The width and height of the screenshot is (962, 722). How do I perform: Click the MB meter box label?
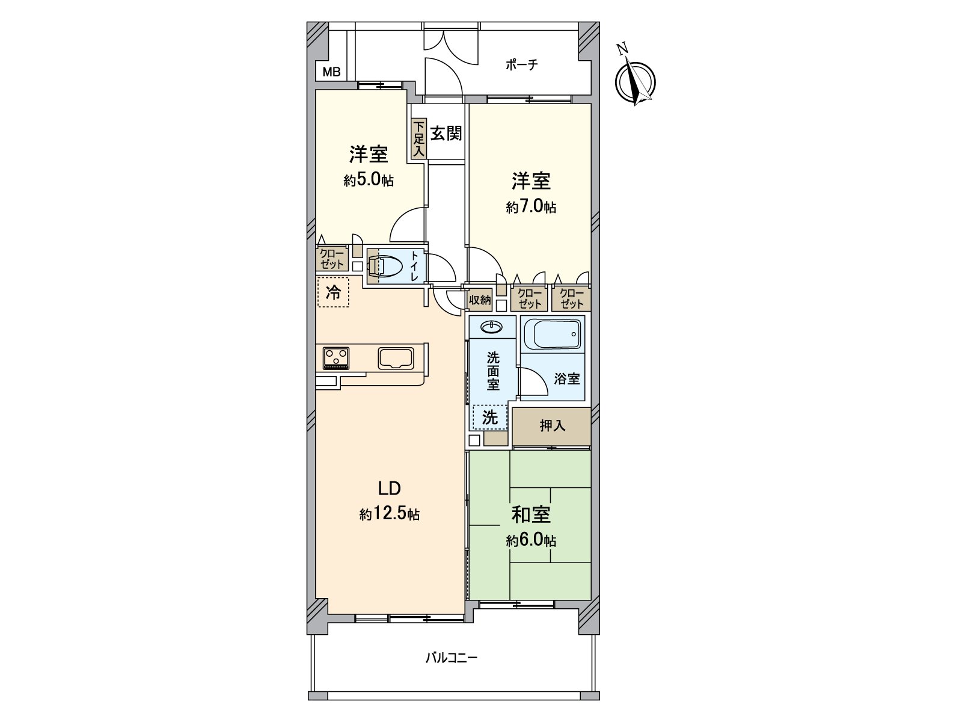coord(331,72)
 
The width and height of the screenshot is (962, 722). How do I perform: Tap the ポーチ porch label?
coord(521,66)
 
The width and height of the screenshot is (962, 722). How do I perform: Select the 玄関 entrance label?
coord(446,133)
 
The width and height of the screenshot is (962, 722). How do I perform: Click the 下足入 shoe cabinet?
coord(419,138)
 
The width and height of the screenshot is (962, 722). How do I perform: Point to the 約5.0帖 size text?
coord(368,180)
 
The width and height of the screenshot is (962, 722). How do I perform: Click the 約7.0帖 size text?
coord(531,206)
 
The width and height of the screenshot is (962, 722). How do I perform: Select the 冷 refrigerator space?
coord(333,292)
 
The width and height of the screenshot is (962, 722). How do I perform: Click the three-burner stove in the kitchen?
coord(336,358)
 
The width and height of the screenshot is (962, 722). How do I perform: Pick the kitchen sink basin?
coord(396,359)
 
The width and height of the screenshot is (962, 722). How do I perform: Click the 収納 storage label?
coord(480,300)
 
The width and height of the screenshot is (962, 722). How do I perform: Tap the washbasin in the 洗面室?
coord(492,327)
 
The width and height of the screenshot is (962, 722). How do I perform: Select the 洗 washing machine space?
coord(490,417)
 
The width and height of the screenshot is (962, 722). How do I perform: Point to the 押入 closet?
coord(552,426)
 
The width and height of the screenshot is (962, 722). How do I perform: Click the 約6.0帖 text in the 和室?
coord(531,540)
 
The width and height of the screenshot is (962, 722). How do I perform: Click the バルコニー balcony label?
coord(452,670)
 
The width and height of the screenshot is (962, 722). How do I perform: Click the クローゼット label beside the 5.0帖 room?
coord(332,259)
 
